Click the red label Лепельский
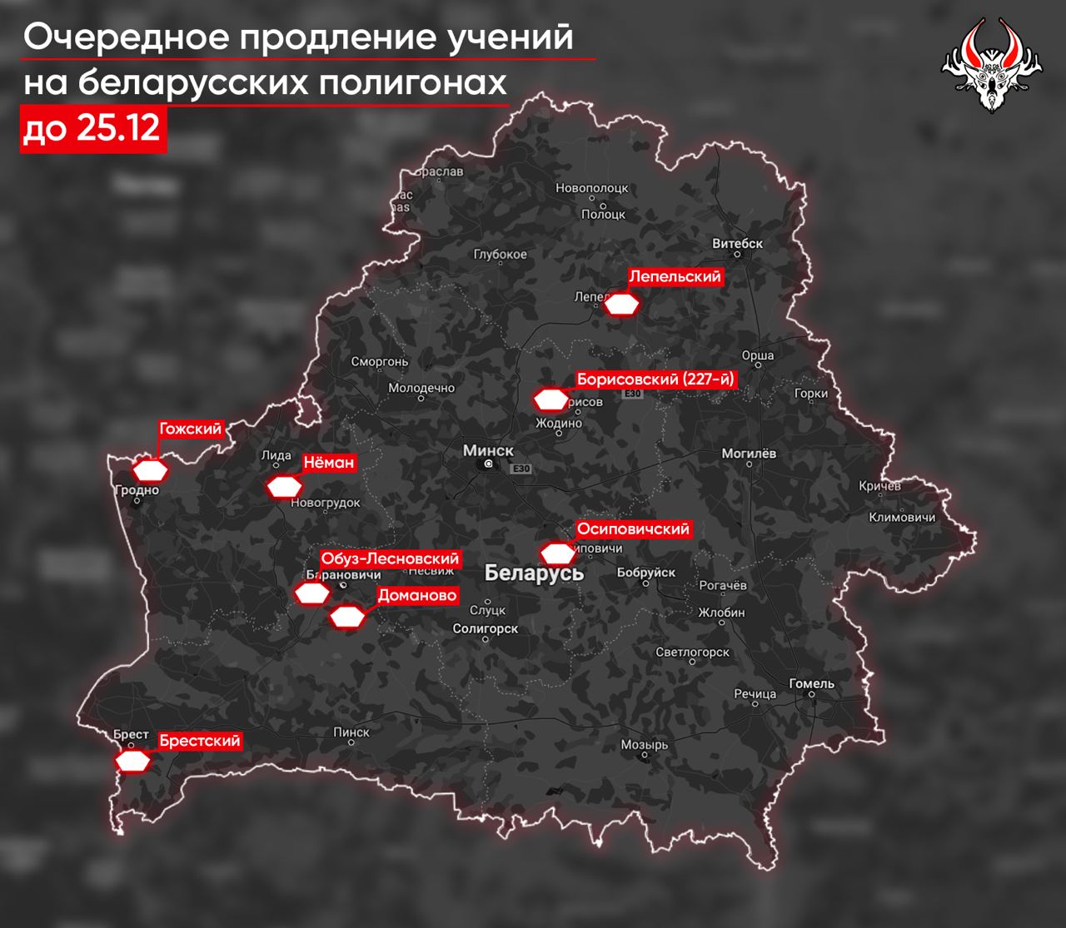pyautogui.click(x=675, y=276)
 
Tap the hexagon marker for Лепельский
pyautogui.click(x=621, y=305)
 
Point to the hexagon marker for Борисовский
pyautogui.click(x=550, y=400)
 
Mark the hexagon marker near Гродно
pyautogui.click(x=152, y=470)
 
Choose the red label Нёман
pyautogui.click(x=328, y=463)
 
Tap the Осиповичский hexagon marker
pyautogui.click(x=557, y=553)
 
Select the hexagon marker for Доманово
pyautogui.click(x=347, y=618)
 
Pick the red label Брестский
pyautogui.click(x=200, y=741)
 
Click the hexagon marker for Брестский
pyautogui.click(x=133, y=761)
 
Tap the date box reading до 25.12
pyautogui.click(x=92, y=130)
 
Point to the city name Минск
pyautogui.click(x=488, y=450)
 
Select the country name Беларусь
pyautogui.click(x=534, y=573)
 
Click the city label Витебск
pyautogui.click(x=738, y=244)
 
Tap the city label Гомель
pyautogui.click(x=811, y=684)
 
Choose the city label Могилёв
pyautogui.click(x=749, y=454)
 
